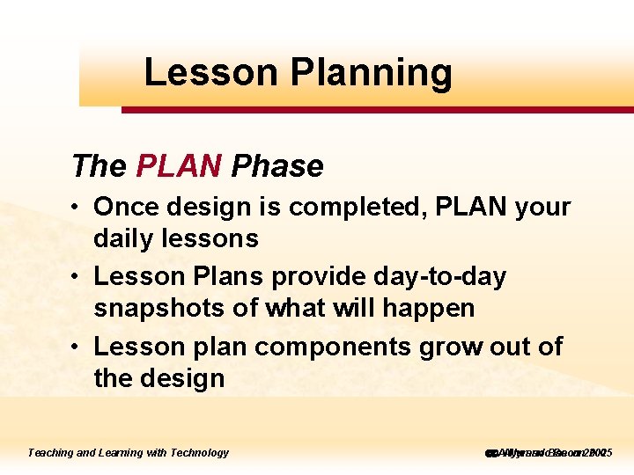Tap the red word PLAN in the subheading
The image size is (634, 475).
click(x=180, y=165)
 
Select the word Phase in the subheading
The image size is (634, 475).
click(x=277, y=165)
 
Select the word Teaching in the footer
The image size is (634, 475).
click(x=50, y=453)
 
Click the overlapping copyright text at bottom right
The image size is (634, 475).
click(x=548, y=453)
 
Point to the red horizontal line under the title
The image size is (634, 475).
click(x=377, y=110)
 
